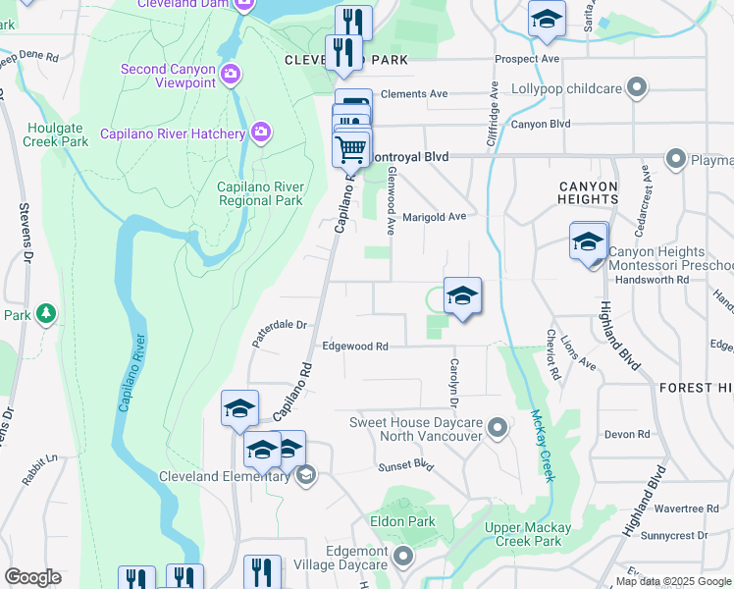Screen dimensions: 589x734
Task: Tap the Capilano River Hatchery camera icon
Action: point(261,131)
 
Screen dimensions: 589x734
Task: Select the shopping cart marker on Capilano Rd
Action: point(350,149)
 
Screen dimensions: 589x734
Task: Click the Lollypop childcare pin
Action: point(638,88)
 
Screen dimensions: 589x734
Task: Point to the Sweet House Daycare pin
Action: point(498,427)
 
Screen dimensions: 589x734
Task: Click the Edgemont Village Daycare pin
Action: point(403,560)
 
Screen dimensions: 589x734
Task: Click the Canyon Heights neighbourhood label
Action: point(589,192)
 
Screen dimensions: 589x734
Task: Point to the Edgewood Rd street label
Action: point(355,347)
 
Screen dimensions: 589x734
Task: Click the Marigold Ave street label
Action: point(434,216)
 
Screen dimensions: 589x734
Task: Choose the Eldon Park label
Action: point(402,521)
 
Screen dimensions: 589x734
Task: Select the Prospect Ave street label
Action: point(527,59)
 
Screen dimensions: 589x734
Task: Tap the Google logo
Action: point(32,577)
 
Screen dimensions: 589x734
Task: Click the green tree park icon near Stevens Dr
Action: point(45,313)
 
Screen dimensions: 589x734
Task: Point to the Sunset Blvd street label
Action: point(406,464)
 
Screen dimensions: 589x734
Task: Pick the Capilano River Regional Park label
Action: point(260,193)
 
